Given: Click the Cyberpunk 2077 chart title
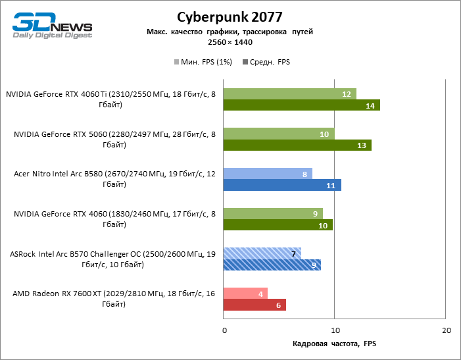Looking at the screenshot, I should (x=230, y=16).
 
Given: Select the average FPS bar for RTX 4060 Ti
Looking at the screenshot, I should (x=302, y=105).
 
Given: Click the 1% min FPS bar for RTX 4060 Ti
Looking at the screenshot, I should (x=289, y=93).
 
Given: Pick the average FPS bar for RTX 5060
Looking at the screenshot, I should (x=297, y=145).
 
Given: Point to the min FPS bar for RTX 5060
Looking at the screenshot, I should (x=279, y=134).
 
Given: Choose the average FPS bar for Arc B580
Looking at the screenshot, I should (x=282, y=186).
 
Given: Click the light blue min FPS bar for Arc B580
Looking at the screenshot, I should (x=268, y=174).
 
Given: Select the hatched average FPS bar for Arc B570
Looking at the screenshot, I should (x=272, y=265).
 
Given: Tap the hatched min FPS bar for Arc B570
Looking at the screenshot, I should (x=262, y=253).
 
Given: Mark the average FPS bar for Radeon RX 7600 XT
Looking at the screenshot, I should (x=255, y=305).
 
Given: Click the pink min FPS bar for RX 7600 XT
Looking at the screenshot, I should (x=245, y=294).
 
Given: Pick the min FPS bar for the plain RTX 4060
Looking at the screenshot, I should (x=273, y=213).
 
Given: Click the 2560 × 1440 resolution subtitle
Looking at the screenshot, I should (x=230, y=42).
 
